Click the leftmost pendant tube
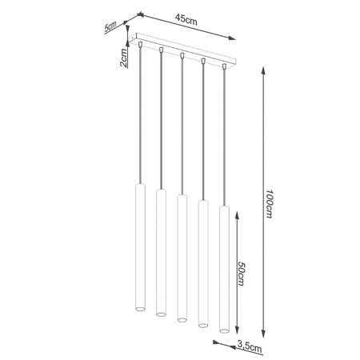(x=139, y=248)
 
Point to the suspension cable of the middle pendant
(x=182, y=128)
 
